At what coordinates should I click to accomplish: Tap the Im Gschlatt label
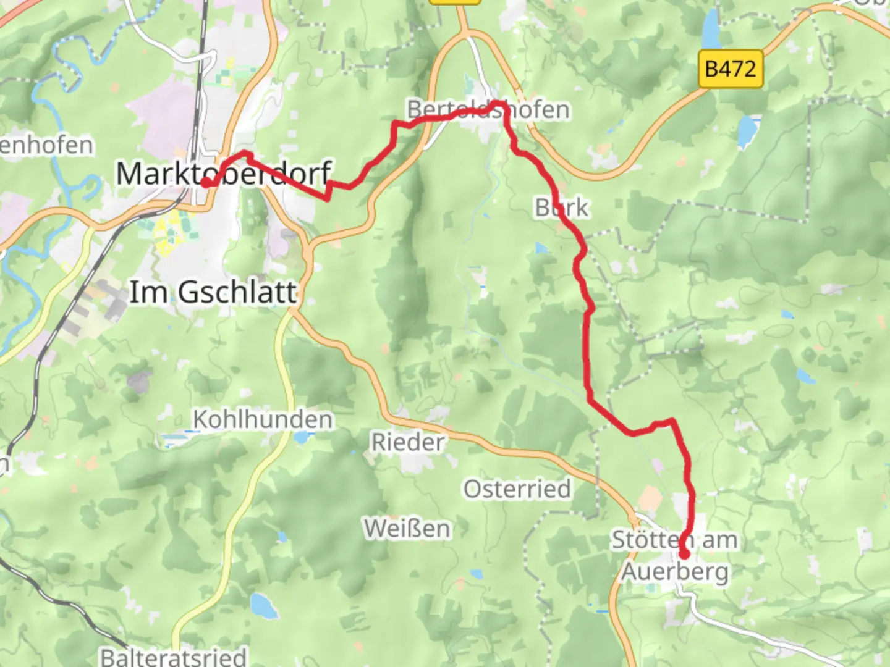pyautogui.click(x=213, y=292)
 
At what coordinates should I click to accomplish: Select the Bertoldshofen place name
pyautogui.click(x=488, y=109)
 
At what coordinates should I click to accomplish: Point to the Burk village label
pyautogui.click(x=562, y=208)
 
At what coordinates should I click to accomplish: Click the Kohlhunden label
pyautogui.click(x=263, y=419)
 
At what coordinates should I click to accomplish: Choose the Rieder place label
pyautogui.click(x=407, y=442)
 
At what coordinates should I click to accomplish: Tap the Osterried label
pyautogui.click(x=517, y=489)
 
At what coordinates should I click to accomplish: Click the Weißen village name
pyautogui.click(x=407, y=529)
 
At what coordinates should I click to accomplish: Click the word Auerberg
pyautogui.click(x=675, y=571)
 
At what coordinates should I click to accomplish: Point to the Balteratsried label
pyautogui.click(x=174, y=656)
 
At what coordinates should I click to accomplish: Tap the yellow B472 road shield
pyautogui.click(x=731, y=69)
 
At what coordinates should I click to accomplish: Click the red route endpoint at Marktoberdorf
pyautogui.click(x=206, y=182)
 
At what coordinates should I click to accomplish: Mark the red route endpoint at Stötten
pyautogui.click(x=684, y=554)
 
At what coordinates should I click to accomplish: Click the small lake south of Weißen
pyautogui.click(x=264, y=606)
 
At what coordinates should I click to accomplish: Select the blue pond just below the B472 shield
pyautogui.click(x=747, y=130)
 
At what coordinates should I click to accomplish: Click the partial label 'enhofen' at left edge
pyautogui.click(x=46, y=146)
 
